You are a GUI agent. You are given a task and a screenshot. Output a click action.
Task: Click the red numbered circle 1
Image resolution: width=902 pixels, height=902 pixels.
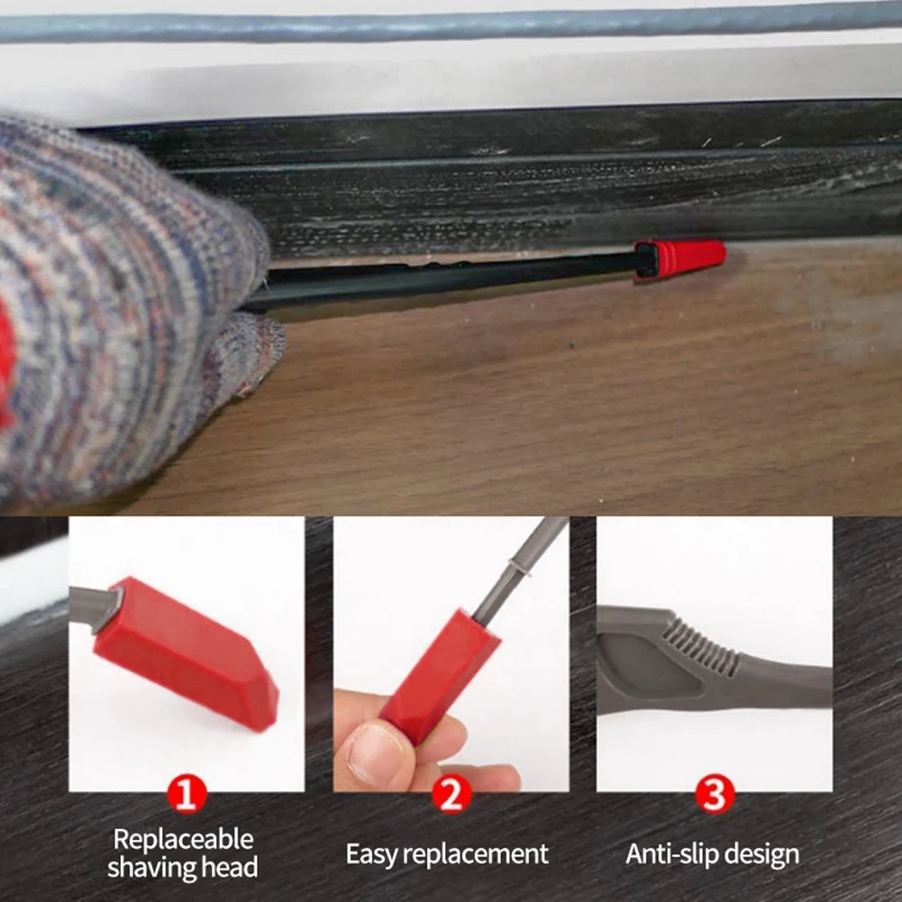tap(187, 796)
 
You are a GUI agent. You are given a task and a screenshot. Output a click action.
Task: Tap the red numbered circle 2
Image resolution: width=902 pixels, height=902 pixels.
tap(451, 796)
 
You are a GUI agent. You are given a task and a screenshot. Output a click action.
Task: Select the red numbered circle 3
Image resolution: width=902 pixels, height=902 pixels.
tap(715, 796)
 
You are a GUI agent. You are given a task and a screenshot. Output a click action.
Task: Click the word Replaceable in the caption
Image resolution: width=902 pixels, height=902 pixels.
tap(183, 840)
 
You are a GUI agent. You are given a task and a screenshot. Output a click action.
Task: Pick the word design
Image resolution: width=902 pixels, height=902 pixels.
tap(767, 854)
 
